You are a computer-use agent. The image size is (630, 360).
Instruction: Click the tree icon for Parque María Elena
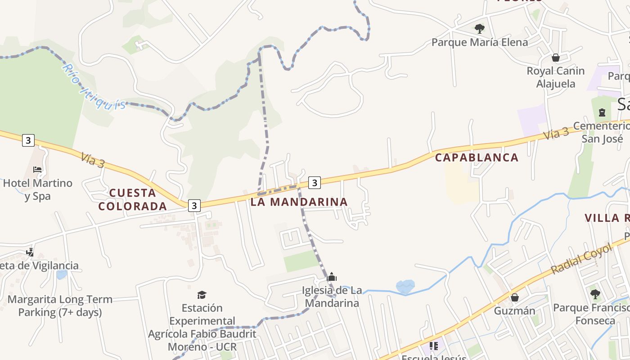click(480, 29)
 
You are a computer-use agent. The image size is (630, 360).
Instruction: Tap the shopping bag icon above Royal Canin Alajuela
click(556, 58)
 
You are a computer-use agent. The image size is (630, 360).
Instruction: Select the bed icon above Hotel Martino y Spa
click(37, 170)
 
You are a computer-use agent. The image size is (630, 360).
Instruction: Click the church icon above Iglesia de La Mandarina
click(332, 276)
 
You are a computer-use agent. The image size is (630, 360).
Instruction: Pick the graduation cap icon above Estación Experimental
click(202, 295)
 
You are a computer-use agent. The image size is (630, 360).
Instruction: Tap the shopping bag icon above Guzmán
click(515, 297)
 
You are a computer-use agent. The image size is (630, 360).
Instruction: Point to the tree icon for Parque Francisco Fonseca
click(595, 294)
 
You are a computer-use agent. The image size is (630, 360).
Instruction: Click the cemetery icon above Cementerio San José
click(602, 112)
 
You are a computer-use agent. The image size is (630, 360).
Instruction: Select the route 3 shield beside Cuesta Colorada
click(194, 205)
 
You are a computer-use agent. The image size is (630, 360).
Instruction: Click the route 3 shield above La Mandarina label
click(315, 182)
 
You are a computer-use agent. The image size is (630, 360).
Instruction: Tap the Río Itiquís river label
click(93, 87)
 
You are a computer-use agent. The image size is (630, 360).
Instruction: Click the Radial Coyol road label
click(582, 259)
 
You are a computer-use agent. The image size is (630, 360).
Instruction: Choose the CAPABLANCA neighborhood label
click(477, 157)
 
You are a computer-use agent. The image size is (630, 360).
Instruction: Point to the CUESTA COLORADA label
click(133, 200)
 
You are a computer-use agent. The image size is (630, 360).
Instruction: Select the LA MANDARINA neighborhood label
click(299, 202)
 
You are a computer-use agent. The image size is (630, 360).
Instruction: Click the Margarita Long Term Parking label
click(60, 306)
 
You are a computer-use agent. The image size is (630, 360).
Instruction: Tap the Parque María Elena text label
click(480, 42)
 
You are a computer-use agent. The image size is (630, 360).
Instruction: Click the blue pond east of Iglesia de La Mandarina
click(405, 286)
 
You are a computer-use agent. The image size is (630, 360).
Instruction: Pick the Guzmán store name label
click(515, 310)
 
